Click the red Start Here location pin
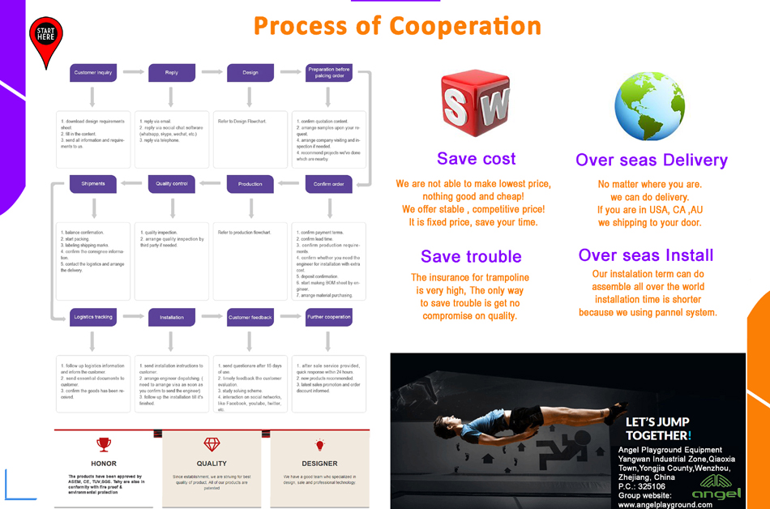[46, 41]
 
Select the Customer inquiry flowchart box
[93, 73]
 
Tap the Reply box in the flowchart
[172, 73]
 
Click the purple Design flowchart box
[250, 73]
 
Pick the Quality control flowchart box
[172, 184]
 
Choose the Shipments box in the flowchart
[93, 184]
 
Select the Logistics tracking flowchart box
[93, 317]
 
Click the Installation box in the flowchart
[172, 317]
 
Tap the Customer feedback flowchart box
[250, 317]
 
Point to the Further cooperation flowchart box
[329, 317]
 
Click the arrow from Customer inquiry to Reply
[133, 73]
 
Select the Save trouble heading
[471, 257]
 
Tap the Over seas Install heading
[646, 255]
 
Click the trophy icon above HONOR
[104, 444]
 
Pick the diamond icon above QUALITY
[212, 444]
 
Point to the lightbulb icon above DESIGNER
[319, 444]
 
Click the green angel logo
[717, 484]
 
